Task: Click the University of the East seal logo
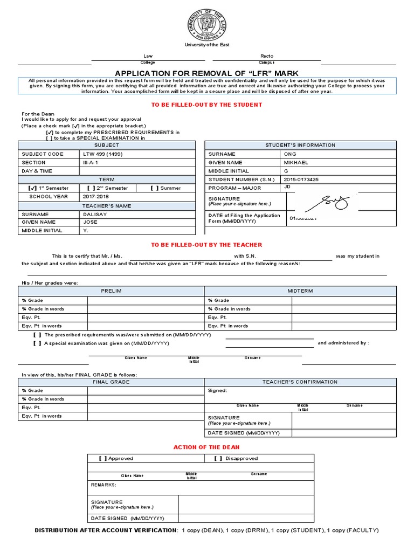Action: [207, 24]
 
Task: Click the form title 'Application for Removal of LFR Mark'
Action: [207, 73]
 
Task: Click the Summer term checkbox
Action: [154, 188]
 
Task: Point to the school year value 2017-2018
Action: [95, 197]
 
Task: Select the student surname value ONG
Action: [289, 154]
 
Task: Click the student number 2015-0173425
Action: [301, 180]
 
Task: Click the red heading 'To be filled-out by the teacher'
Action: [207, 245]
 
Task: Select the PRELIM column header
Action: [111, 291]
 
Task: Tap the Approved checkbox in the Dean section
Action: [103, 459]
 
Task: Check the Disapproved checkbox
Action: [218, 459]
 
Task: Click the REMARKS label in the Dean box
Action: [103, 485]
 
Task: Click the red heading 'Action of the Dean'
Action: [206, 447]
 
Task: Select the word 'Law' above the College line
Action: [148, 56]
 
